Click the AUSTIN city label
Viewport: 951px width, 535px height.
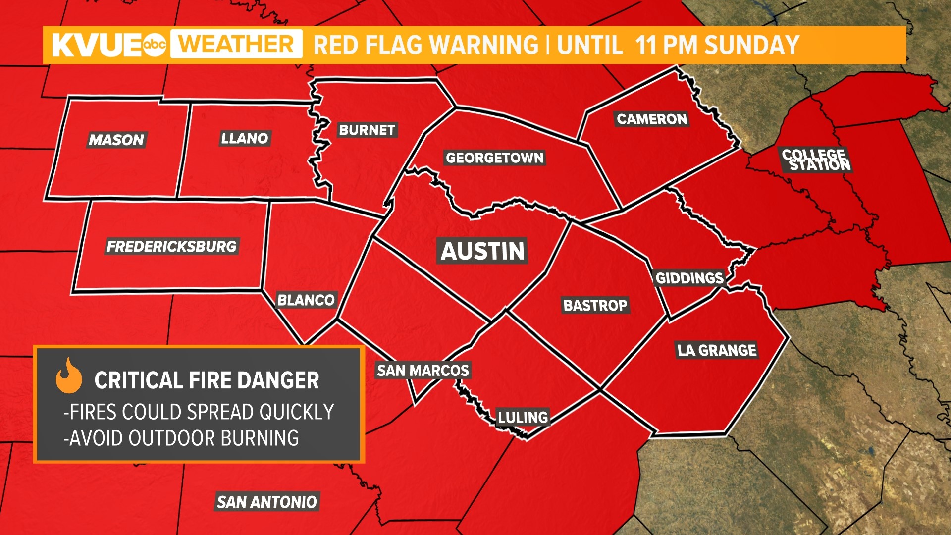pos(482,251)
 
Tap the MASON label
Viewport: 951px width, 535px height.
pos(116,140)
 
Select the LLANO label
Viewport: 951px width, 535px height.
pos(245,138)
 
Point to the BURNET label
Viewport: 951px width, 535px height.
pos(367,130)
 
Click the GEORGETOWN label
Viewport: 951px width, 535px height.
pos(495,158)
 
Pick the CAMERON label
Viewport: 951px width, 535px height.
pos(652,119)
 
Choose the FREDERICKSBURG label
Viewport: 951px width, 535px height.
pos(172,246)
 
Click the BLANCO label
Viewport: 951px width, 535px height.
pos(306,300)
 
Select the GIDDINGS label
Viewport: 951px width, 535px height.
pos(689,278)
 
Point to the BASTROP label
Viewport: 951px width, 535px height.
pos(595,305)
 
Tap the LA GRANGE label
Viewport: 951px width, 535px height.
pos(717,350)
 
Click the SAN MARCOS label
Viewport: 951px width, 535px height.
pos(423,370)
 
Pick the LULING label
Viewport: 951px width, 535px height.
pos(523,417)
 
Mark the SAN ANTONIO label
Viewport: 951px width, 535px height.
pos(267,502)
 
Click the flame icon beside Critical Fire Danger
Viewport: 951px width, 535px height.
pos(69,376)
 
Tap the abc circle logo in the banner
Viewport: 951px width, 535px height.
pos(154,45)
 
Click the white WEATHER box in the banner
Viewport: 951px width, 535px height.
pos(236,44)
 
